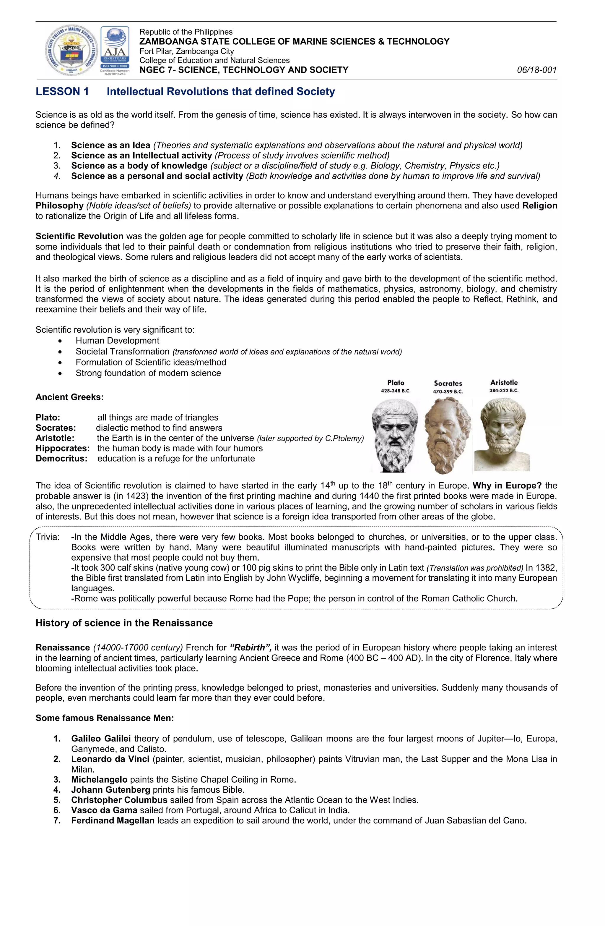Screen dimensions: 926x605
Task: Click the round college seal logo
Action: (71, 50)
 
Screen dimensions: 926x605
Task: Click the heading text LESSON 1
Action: (62, 91)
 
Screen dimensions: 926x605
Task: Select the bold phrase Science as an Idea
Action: (110, 145)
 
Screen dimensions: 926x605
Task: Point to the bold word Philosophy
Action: (59, 205)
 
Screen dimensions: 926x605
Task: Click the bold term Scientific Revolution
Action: (79, 236)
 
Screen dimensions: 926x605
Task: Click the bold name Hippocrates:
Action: (63, 448)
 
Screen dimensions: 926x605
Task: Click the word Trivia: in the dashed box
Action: (48, 537)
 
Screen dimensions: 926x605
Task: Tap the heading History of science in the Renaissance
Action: (124, 623)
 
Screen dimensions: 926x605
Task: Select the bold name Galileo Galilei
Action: (101, 739)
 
